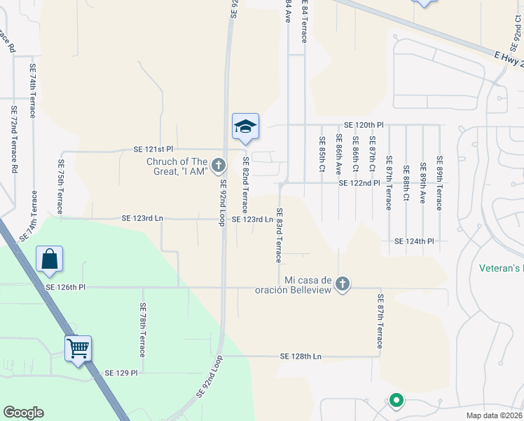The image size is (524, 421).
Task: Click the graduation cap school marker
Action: click(x=246, y=127)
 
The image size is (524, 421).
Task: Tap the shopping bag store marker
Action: click(x=50, y=260)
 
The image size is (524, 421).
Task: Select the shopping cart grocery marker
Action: click(x=78, y=347)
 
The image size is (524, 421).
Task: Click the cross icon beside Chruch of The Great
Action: click(x=219, y=166)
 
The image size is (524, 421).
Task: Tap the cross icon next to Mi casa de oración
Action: click(x=342, y=283)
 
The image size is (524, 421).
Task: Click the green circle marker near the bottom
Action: click(x=396, y=401)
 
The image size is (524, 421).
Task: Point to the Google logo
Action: click(x=23, y=413)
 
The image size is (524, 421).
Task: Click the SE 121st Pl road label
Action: click(x=153, y=150)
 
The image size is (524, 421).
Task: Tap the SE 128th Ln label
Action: click(x=300, y=356)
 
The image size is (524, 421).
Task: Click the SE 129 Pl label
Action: click(x=121, y=373)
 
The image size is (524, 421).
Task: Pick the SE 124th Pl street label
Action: click(x=415, y=241)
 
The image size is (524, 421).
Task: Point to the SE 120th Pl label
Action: click(x=364, y=124)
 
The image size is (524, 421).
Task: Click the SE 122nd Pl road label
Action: click(x=359, y=183)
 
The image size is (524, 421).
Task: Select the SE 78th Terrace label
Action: click(x=142, y=330)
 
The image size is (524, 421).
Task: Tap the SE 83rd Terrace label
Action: click(x=278, y=235)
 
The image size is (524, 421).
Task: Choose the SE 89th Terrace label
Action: click(x=439, y=183)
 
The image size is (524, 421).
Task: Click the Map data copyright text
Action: click(x=495, y=415)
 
